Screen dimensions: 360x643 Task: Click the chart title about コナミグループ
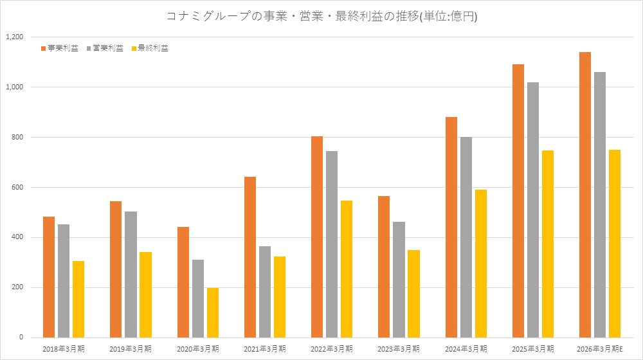pos(321,17)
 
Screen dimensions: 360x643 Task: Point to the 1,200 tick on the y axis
pos(14,37)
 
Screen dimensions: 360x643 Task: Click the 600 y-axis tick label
pos(17,187)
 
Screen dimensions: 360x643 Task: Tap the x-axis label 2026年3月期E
pos(600,349)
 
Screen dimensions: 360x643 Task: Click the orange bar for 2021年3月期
pos(250,257)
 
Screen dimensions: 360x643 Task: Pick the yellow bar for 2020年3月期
pos(213,312)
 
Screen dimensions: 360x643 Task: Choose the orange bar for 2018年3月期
pos(49,277)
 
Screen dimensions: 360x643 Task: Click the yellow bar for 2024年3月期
pos(480,264)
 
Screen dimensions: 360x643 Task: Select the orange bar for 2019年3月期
pos(116,269)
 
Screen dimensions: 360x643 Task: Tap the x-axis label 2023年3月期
pos(399,349)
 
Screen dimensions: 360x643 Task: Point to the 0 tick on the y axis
pos(21,337)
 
